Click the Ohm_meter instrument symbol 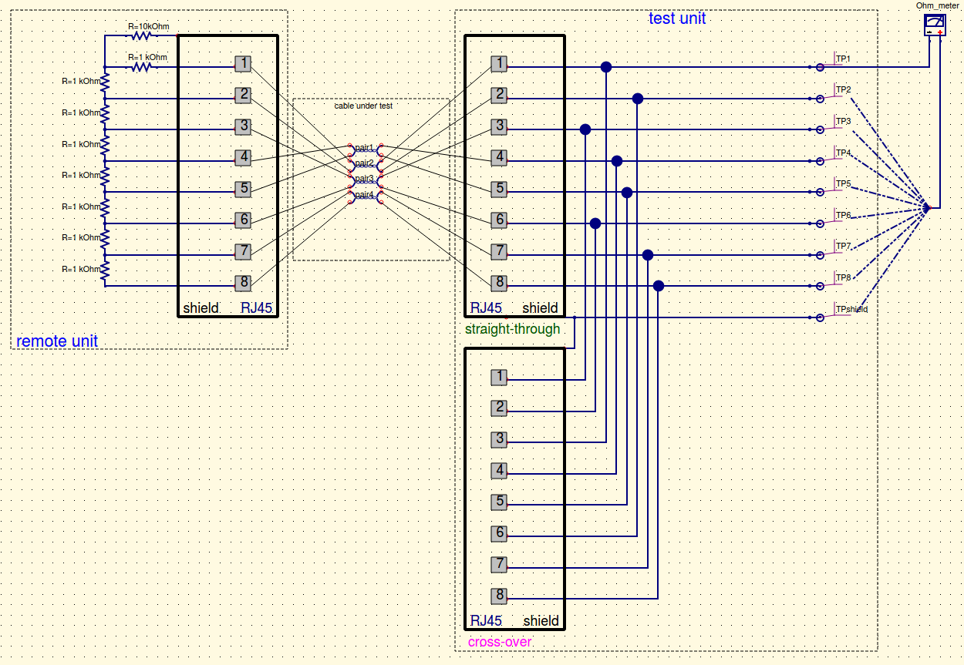(935, 25)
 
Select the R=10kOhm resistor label (148, 26)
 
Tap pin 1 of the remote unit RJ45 (243, 64)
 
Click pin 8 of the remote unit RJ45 (243, 282)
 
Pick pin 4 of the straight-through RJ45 (500, 157)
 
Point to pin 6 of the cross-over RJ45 (500, 533)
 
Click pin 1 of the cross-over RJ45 (500, 377)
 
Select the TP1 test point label (843, 59)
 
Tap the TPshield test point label (851, 309)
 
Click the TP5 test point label (843, 183)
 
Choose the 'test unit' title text (676, 18)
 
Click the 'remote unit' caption (57, 341)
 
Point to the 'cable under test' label (363, 106)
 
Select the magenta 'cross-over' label (500, 642)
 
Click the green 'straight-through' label (512, 329)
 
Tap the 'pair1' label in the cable (364, 147)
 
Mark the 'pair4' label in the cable (364, 195)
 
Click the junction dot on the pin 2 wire (637, 99)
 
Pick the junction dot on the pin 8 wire (658, 286)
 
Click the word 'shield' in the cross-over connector (541, 621)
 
